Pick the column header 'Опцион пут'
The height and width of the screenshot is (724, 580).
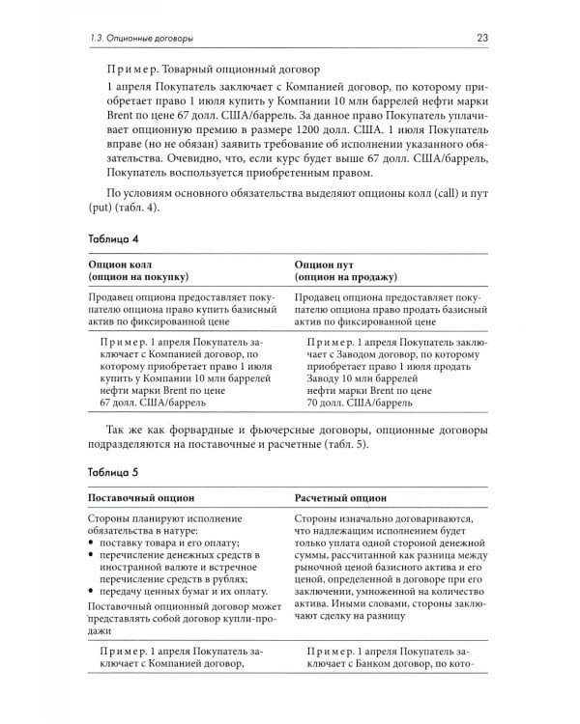click(325, 262)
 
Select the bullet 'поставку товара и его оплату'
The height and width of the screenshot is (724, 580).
click(159, 545)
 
